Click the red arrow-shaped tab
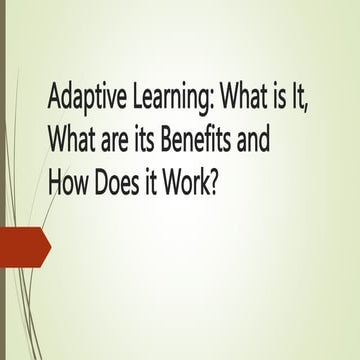pyautogui.click(x=24, y=246)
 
